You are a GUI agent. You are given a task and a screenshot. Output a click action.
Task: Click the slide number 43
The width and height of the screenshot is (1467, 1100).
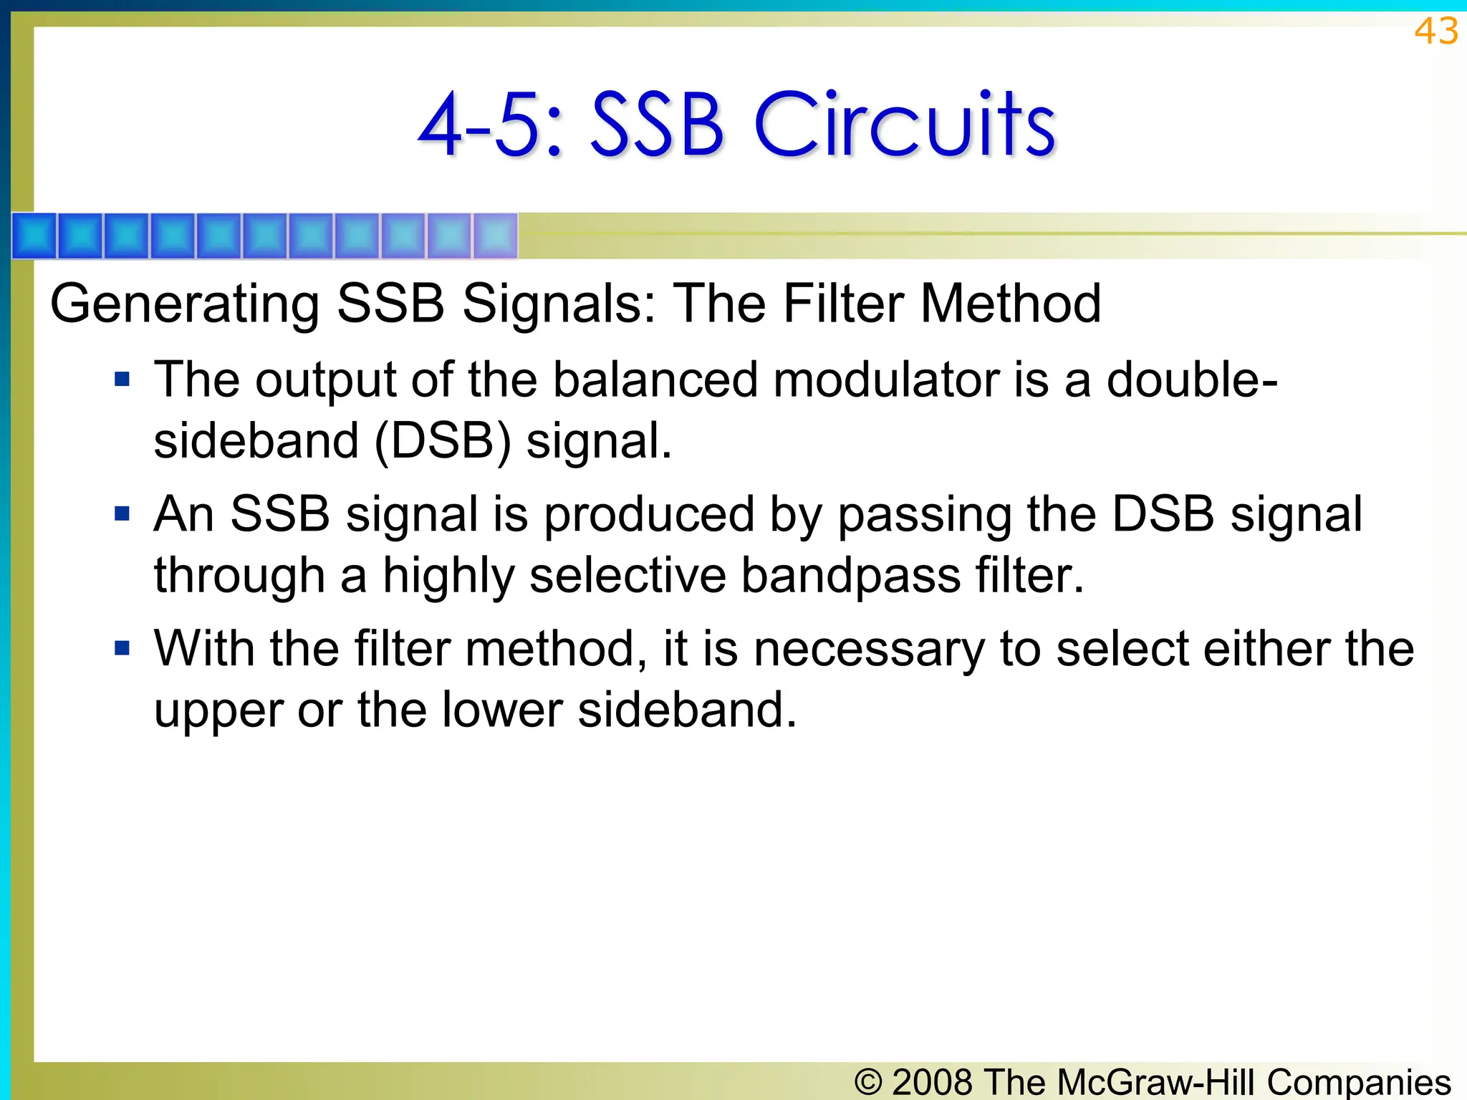pyautogui.click(x=1435, y=32)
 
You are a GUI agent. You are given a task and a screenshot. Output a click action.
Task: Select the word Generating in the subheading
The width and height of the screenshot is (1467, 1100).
pyautogui.click(x=185, y=304)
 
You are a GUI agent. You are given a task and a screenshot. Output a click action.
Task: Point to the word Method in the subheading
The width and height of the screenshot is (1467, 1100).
pyautogui.click(x=1010, y=304)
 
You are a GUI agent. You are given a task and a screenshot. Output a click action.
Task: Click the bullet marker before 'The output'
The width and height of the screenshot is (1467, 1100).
pyautogui.click(x=122, y=378)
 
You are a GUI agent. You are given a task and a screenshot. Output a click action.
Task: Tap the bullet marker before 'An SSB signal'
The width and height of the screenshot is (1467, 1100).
pyautogui.click(x=122, y=513)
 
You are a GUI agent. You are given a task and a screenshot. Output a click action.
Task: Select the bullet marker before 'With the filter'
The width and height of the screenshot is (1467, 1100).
pyautogui.click(x=122, y=648)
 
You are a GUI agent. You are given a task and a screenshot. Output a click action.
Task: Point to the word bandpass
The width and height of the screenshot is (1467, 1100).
pyautogui.click(x=850, y=576)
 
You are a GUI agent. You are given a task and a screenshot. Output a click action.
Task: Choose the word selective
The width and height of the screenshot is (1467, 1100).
pyautogui.click(x=627, y=576)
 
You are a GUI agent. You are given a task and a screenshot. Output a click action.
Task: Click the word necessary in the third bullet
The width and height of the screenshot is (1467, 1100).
pyautogui.click(x=869, y=649)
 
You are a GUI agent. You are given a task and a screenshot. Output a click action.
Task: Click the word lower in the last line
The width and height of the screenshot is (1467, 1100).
pyautogui.click(x=501, y=710)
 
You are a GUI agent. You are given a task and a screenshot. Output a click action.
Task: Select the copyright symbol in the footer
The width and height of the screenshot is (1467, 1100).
pyautogui.click(x=868, y=1081)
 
